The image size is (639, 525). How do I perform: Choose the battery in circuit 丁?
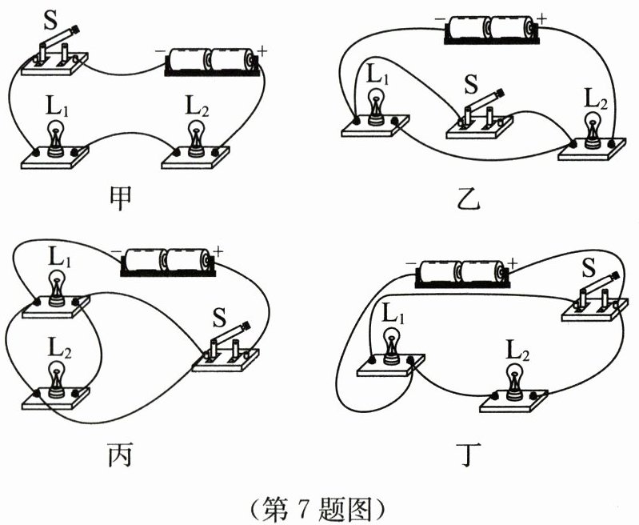coord(460,272)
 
